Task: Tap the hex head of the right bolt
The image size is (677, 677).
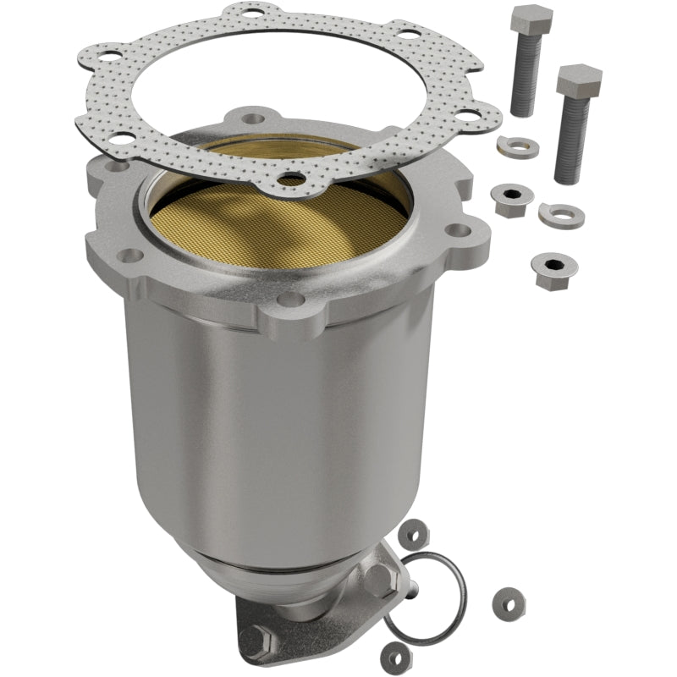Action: [x=579, y=80]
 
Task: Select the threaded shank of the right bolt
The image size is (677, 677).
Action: [x=572, y=140]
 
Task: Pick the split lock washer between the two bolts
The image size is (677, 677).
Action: [x=518, y=145]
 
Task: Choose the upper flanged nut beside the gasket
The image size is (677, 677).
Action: [x=510, y=200]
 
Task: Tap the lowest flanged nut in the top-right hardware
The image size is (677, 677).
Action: [x=549, y=270]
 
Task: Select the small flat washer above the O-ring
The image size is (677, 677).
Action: [x=415, y=535]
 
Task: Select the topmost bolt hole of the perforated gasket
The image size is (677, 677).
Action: [x=251, y=14]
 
